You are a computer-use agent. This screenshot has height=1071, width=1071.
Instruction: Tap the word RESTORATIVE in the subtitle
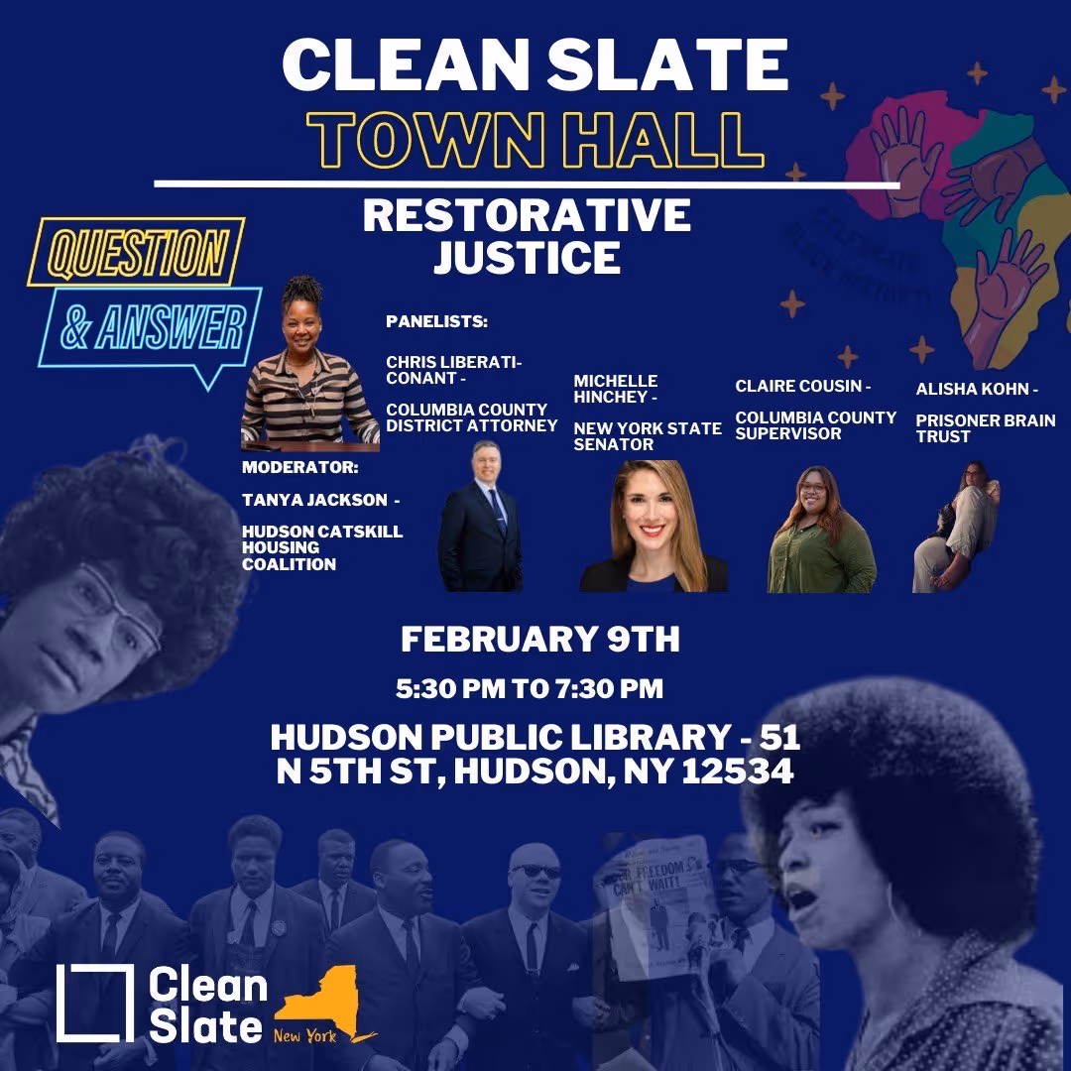527,216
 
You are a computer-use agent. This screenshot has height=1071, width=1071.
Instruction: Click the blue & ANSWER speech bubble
154,327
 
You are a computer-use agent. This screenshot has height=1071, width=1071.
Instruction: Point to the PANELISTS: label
437,323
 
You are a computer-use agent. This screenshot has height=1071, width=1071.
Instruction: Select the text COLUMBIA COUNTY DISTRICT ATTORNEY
472,417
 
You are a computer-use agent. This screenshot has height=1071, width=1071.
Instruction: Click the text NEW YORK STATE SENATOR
648,436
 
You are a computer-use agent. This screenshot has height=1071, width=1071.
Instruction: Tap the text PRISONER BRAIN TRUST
985,428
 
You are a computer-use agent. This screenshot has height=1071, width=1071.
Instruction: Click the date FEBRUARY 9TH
540,640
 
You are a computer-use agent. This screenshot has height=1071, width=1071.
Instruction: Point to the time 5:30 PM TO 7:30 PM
530,686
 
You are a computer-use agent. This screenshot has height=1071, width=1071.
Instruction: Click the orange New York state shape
317,1002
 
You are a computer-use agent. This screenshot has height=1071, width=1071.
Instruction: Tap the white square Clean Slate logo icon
95,1003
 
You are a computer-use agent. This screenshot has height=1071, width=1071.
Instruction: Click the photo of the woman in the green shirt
821,531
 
